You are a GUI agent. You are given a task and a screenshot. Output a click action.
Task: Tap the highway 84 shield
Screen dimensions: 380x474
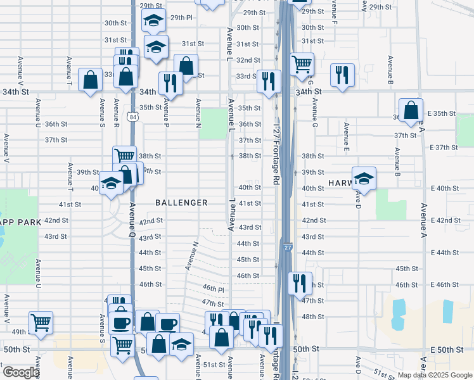132,117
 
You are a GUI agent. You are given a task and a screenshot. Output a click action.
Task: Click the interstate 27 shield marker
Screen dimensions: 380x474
288,248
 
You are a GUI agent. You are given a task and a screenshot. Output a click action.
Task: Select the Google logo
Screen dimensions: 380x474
21,372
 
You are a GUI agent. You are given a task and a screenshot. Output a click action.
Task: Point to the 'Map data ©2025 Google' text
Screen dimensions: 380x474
435,375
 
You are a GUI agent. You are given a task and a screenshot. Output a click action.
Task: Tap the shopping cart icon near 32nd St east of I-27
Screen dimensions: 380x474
302,63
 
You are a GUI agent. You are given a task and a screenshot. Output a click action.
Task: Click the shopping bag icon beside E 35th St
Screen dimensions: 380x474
411,109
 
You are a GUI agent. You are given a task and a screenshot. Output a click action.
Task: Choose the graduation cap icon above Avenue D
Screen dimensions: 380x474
364,177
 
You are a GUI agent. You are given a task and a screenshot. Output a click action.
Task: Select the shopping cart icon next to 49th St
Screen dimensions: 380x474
41,321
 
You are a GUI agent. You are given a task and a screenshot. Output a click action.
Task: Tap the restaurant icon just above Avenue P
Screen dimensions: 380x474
170,82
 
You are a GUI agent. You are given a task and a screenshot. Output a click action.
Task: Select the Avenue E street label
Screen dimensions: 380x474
346,137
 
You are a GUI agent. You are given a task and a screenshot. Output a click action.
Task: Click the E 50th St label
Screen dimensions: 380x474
443,350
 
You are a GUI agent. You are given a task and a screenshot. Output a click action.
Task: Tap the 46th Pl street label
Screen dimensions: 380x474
214,288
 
